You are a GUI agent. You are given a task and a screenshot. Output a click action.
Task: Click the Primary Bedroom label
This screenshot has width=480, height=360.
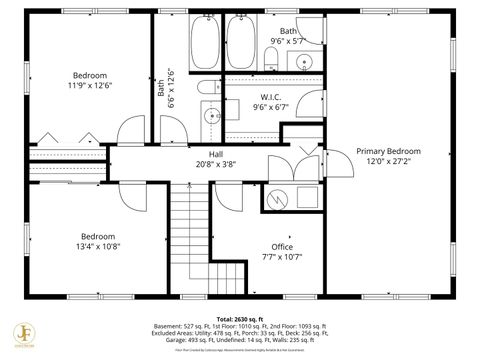pos(388,157)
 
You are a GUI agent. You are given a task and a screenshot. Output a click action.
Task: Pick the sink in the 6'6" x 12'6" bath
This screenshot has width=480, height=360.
pos(212,117)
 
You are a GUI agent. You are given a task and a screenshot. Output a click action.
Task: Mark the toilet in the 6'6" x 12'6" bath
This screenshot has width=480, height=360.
pos(206,91)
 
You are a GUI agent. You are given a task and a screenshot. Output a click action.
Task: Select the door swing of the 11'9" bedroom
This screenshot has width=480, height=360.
pos(131,130)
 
